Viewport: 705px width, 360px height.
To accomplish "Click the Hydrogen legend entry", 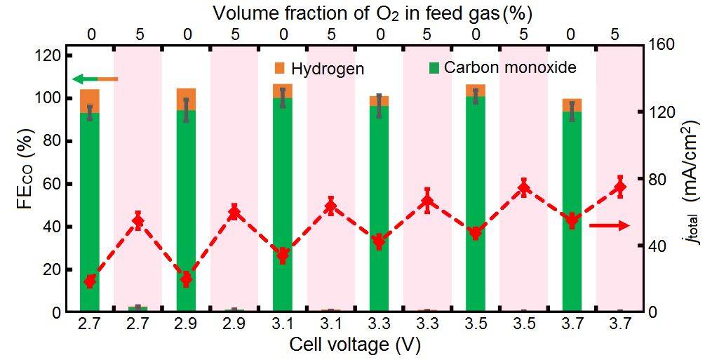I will pos(320,69).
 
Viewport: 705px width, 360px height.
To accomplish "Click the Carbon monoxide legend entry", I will pos(502,67).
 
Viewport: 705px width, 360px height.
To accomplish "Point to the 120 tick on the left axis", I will pos(54,55).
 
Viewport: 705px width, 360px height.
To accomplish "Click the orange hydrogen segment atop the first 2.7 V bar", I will pos(90,100).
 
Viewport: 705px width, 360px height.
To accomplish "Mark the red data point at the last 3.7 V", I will pos(620,187).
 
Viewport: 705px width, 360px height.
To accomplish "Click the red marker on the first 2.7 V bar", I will pos(90,281).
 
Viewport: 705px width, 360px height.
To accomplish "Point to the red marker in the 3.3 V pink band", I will pos(427,202).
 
